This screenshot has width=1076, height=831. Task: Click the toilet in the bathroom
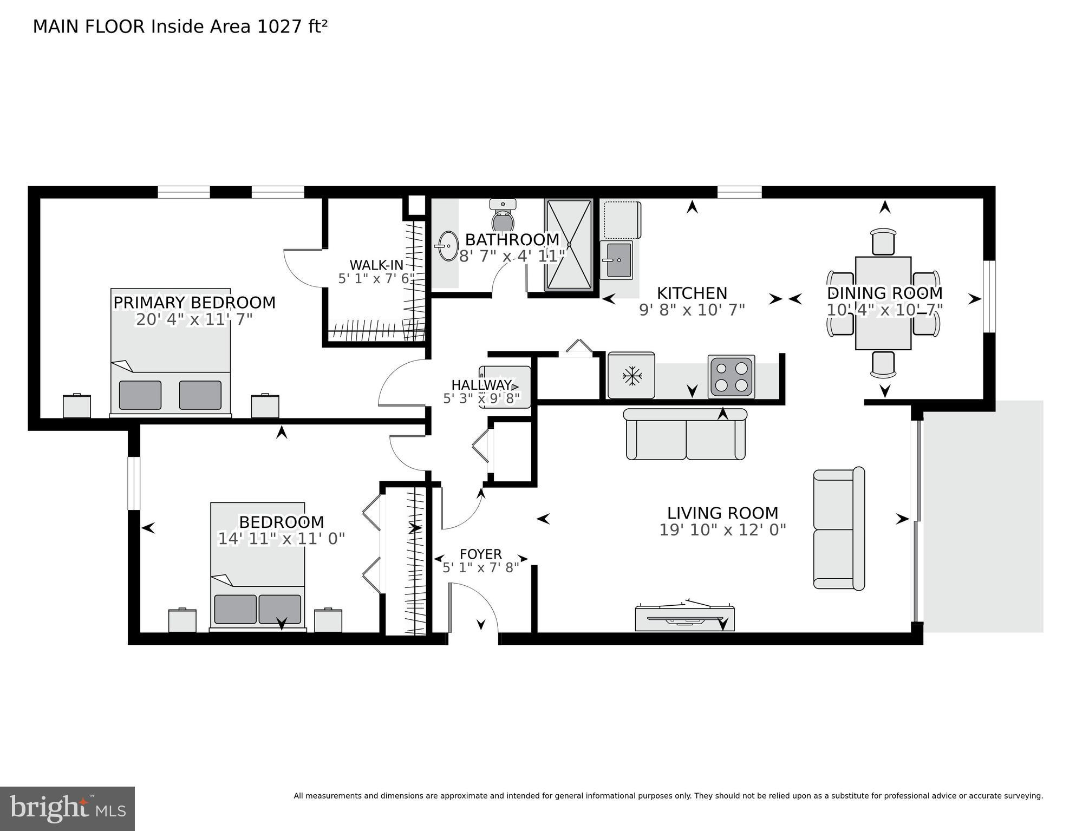503,215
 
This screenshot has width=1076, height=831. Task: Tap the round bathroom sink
447,246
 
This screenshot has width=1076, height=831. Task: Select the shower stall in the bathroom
569,245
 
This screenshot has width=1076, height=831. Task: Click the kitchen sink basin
617,260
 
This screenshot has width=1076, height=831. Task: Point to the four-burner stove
731,377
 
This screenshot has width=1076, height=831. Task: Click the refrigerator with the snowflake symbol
631,375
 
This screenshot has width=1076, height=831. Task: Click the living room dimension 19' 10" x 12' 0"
722,530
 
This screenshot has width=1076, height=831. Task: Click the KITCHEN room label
692,293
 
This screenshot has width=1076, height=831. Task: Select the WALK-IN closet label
376,265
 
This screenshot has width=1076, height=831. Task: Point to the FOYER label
480,554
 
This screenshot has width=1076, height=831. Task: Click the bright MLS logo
67,808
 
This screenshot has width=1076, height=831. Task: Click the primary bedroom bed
171,352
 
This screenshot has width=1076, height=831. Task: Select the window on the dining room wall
989,296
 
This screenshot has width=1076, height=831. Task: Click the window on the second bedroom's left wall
134,483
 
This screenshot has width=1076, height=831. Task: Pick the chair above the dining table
883,241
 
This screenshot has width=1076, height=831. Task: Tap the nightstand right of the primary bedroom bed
265,406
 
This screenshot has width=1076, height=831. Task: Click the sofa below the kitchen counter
686,434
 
